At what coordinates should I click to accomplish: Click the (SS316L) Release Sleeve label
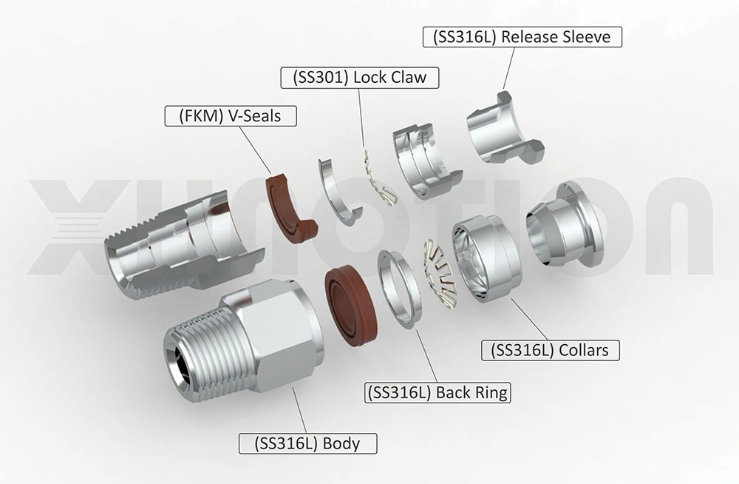coord(522,37)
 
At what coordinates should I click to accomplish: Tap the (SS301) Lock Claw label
coord(359,76)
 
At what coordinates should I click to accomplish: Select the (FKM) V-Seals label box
coord(230,115)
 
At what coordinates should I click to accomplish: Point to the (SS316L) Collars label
coord(549,349)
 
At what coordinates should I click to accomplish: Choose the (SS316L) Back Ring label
coord(437,391)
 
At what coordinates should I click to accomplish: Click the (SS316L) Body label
coord(307,443)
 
